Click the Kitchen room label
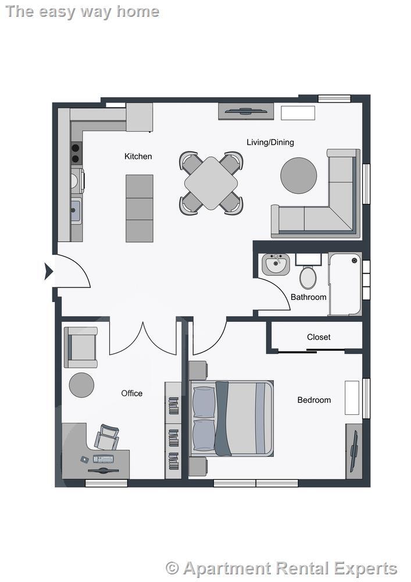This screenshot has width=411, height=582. (138, 156)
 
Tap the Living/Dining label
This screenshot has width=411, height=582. (270, 142)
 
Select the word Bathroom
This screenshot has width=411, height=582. (308, 297)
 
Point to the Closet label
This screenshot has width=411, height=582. (319, 337)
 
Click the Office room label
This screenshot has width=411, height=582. (131, 393)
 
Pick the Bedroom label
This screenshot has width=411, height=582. (314, 400)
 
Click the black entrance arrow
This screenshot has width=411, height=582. (49, 271)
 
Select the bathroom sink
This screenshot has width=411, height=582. (276, 264)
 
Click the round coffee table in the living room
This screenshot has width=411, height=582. (298, 176)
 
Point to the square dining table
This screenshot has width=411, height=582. (211, 183)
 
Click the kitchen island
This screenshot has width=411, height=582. (140, 208)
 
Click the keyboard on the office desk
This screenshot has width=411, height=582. (103, 459)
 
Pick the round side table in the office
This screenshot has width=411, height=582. (81, 385)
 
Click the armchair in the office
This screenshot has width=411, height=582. (81, 347)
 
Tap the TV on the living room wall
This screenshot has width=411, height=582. (246, 111)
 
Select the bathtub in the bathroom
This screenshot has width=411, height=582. (345, 284)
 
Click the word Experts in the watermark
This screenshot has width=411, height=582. (366, 569)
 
